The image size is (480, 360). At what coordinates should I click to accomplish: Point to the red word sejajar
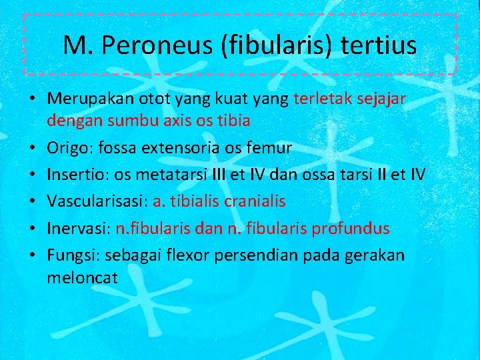coord(388,99)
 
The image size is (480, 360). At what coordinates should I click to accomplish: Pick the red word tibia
coord(233,121)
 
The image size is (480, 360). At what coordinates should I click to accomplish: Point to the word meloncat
coord(82,277)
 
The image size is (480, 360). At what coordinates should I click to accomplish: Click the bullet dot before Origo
coord(32,148)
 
